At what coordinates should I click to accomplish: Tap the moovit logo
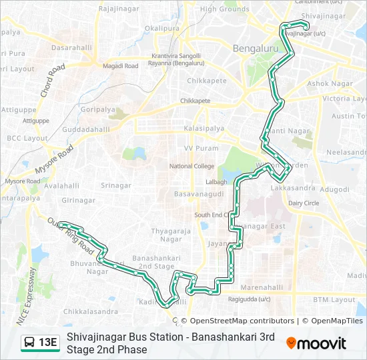(316, 343)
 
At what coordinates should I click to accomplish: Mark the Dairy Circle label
(304, 203)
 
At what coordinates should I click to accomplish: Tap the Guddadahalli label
(85, 129)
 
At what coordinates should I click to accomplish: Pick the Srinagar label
(116, 185)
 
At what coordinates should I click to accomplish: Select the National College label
(192, 166)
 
